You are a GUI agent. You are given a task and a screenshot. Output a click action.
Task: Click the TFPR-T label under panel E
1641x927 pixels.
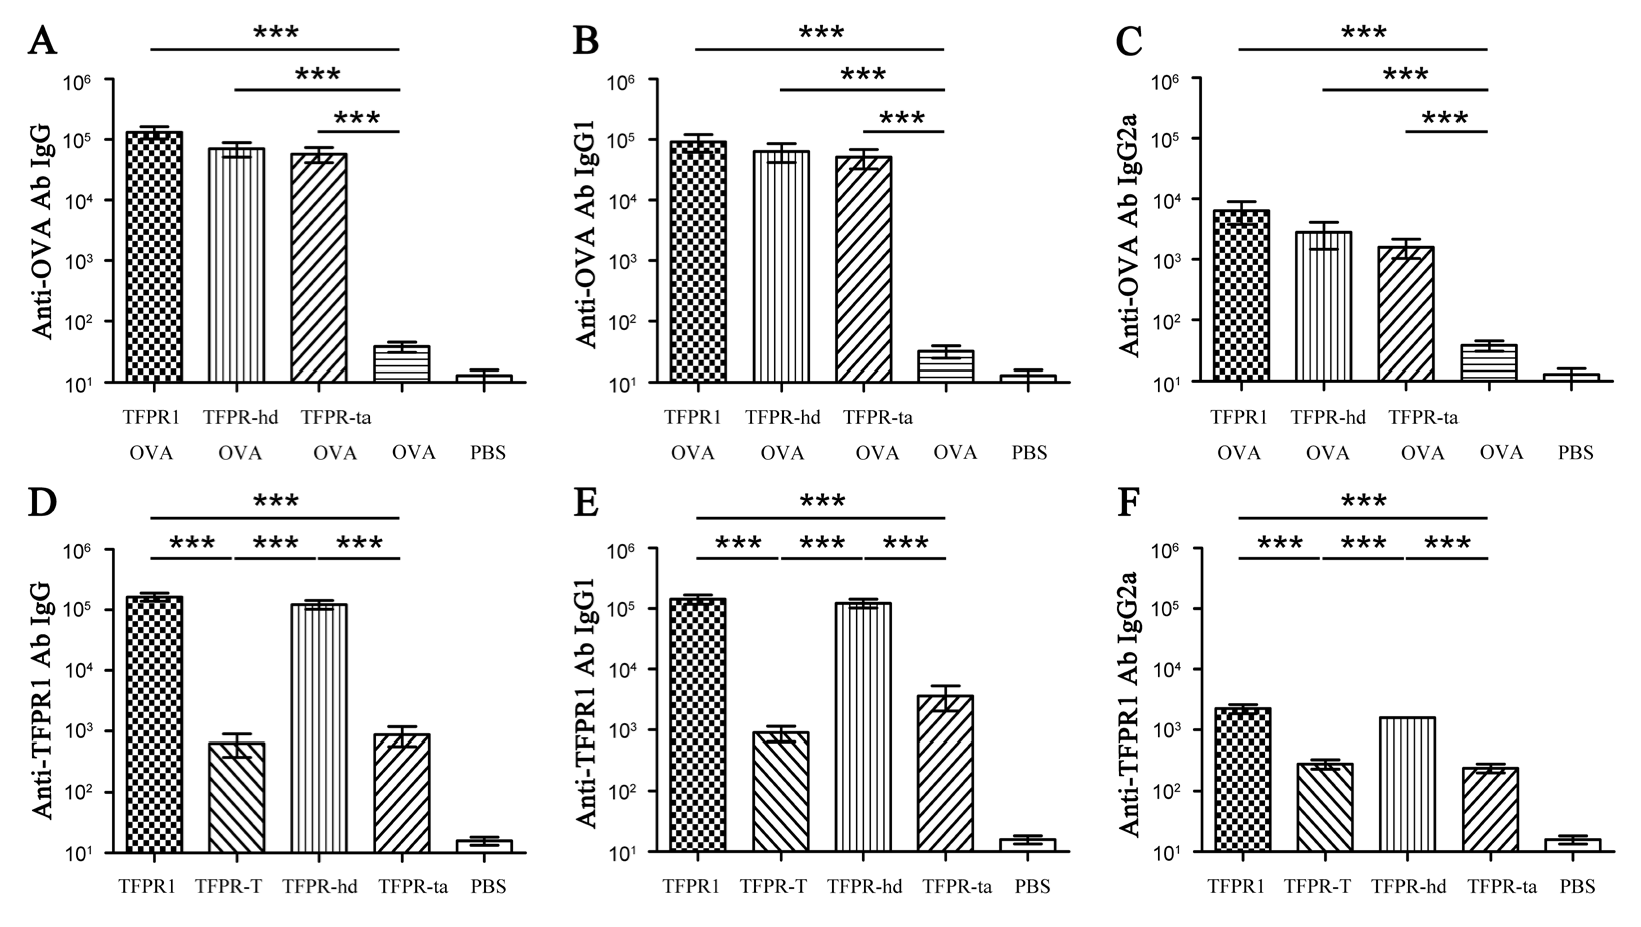tap(773, 886)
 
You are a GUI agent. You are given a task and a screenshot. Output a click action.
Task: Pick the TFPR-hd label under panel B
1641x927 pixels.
tap(782, 417)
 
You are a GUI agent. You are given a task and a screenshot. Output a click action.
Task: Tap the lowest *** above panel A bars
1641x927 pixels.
tap(357, 118)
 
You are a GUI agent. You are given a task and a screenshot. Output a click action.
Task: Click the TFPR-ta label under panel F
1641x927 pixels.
tap(1502, 886)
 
